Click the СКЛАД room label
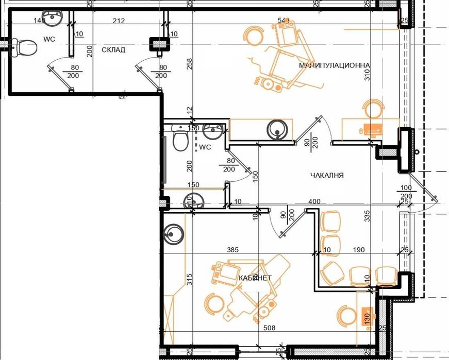point(113,50)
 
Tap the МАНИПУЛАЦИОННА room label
point(335,65)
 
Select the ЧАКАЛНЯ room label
point(327,176)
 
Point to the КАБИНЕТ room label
point(255,278)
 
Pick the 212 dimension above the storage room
point(118,21)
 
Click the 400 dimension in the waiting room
point(314,201)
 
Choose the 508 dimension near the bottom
point(269,327)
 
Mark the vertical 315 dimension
point(189,280)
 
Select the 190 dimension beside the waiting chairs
point(359,250)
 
